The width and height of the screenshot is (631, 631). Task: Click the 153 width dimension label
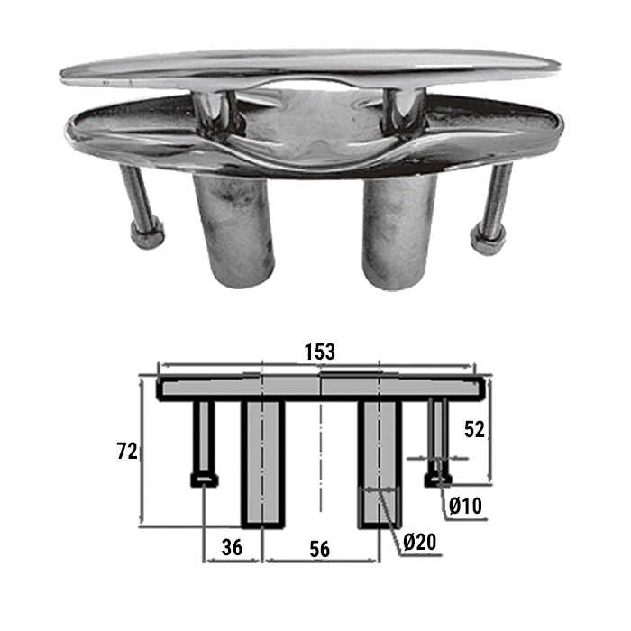[319, 352]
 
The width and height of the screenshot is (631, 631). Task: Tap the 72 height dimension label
[127, 451]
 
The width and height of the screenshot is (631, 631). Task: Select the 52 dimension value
[474, 430]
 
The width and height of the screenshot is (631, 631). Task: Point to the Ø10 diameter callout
[465, 506]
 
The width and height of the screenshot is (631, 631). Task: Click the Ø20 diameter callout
[420, 543]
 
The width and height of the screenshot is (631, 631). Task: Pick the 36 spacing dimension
[233, 547]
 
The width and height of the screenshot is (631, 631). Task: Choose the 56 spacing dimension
[319, 549]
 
